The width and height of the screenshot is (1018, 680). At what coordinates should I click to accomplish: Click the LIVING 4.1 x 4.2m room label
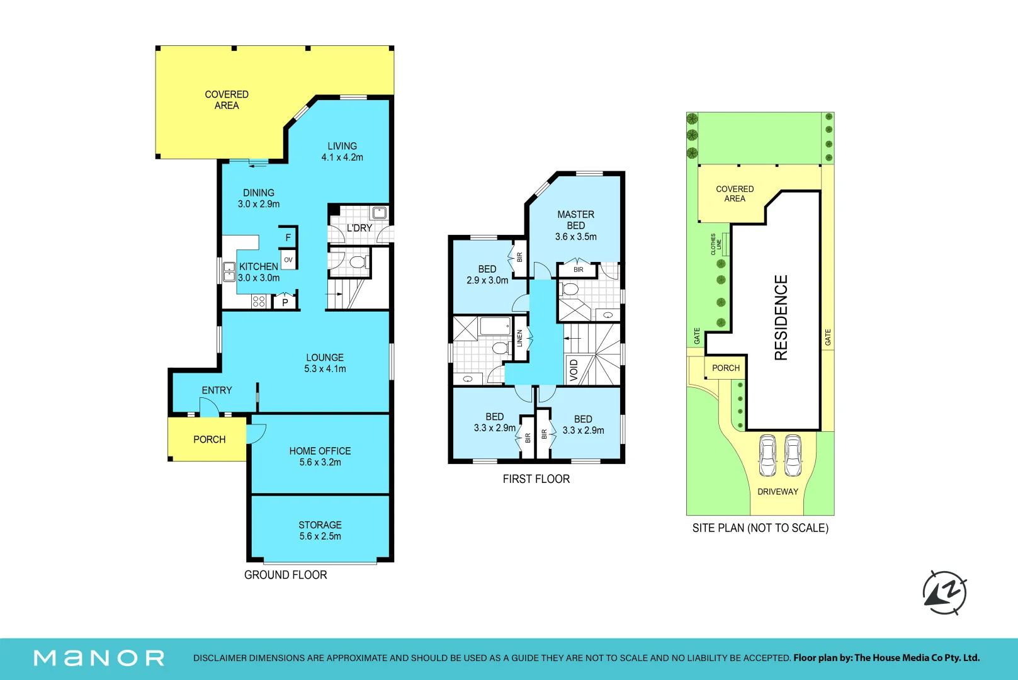coord(342,152)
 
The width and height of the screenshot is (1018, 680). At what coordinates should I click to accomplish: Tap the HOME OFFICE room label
coord(320,451)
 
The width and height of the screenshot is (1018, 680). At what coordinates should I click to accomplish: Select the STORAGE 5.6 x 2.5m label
coord(320,530)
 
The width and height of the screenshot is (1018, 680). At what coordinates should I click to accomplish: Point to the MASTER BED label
coord(576,220)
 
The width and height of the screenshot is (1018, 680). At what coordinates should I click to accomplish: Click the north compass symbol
coord(945,592)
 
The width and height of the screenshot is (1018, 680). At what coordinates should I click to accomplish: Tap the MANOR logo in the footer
coord(99,658)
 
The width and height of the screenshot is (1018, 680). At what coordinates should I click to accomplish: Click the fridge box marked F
coord(288,237)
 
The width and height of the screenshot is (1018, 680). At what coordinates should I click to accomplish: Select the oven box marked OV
coord(288,260)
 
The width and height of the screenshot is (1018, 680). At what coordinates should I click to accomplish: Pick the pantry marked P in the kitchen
coord(285,302)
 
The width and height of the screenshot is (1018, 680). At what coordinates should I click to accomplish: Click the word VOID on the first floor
coord(574,370)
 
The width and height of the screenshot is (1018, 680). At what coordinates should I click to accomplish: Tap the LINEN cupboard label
coord(519,338)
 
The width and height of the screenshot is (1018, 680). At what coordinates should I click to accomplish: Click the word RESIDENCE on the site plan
coord(781,317)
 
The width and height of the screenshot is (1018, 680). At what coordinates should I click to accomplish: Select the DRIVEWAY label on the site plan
coord(778,491)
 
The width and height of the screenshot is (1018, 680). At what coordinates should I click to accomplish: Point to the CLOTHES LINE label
coord(716,244)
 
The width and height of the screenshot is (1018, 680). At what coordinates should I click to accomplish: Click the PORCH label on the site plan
coord(726,368)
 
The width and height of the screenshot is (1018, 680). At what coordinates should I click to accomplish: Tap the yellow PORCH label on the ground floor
coord(210,439)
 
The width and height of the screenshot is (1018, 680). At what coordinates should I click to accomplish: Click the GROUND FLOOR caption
coord(285,575)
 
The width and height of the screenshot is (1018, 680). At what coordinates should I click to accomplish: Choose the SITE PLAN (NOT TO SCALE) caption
coord(761,528)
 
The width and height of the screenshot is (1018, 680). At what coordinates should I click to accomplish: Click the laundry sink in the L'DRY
coord(379,213)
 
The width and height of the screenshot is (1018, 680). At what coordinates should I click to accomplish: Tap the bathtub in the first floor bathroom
coord(495,326)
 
